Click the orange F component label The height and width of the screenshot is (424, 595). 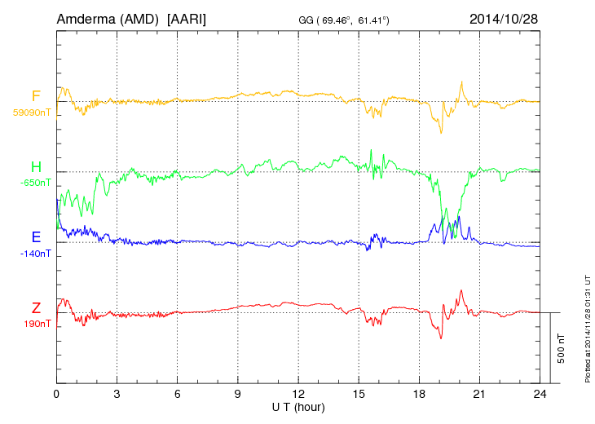pyautogui.click(x=36, y=97)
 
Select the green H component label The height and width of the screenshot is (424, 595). pyautogui.click(x=36, y=167)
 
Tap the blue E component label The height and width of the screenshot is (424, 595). pyautogui.click(x=36, y=237)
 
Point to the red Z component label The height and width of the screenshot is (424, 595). pyautogui.click(x=36, y=307)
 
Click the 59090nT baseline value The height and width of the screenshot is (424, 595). pyautogui.click(x=33, y=113)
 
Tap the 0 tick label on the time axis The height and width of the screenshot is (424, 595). pyautogui.click(x=56, y=394)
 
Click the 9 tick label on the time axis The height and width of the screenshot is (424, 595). pyautogui.click(x=238, y=394)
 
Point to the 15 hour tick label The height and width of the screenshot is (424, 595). pyautogui.click(x=359, y=394)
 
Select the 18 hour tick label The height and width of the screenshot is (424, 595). pyautogui.click(x=419, y=394)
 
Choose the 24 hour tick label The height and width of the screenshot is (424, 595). pyautogui.click(x=540, y=394)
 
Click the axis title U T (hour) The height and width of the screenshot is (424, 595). pyautogui.click(x=298, y=406)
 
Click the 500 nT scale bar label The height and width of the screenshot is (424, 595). pyautogui.click(x=562, y=348)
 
